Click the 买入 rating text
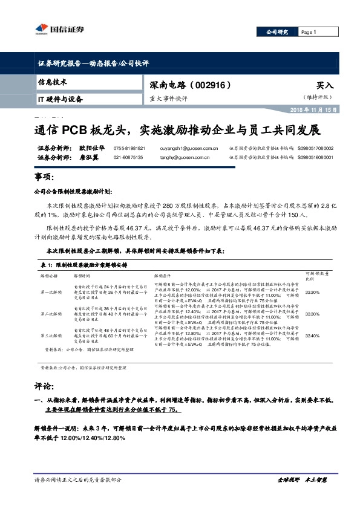tap(325, 86)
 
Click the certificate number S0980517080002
tap(315, 148)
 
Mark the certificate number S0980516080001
tap(315, 157)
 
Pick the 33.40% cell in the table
tap(312, 336)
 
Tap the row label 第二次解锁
tap(51, 314)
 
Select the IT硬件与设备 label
tap(60, 99)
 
